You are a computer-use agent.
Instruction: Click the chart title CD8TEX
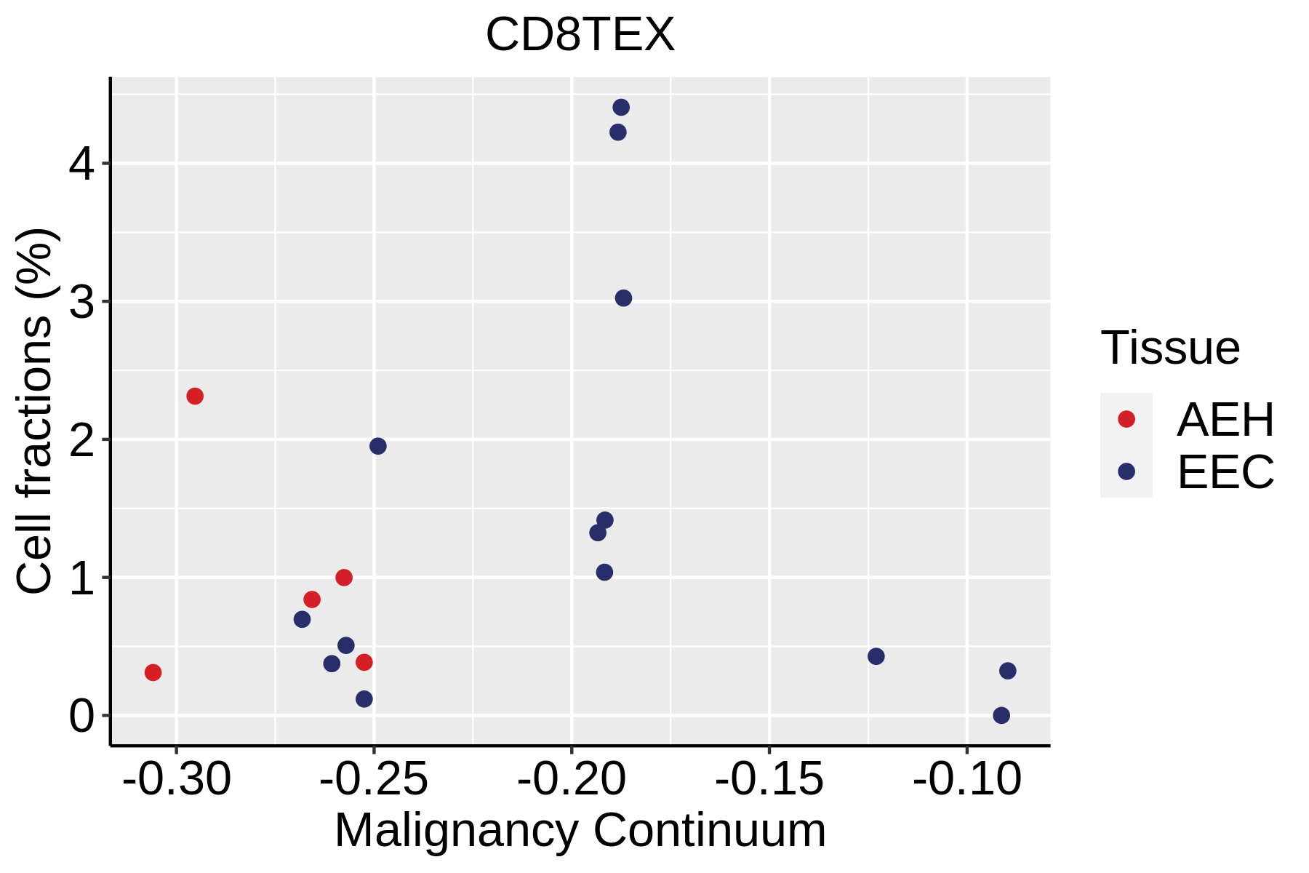(580, 35)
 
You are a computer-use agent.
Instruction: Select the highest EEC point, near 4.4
(621, 108)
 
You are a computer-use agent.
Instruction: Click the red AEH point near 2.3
(195, 396)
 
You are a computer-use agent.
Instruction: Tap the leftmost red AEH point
(153, 672)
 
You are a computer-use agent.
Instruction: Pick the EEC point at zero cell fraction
(1001, 715)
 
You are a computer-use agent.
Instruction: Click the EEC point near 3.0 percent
(623, 298)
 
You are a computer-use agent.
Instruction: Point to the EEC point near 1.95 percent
(378, 446)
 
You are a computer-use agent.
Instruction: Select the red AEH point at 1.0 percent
(344, 578)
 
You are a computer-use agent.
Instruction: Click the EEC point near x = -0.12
(876, 656)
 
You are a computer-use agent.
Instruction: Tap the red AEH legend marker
(1126, 419)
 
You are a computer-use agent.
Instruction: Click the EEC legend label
(1225, 472)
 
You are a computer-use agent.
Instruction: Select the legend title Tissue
(1170, 348)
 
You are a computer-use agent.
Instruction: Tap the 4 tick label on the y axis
(82, 164)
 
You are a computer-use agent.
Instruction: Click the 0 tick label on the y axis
(82, 717)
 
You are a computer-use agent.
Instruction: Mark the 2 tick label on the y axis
(82, 440)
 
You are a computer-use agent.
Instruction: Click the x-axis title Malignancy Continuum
(580, 831)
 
